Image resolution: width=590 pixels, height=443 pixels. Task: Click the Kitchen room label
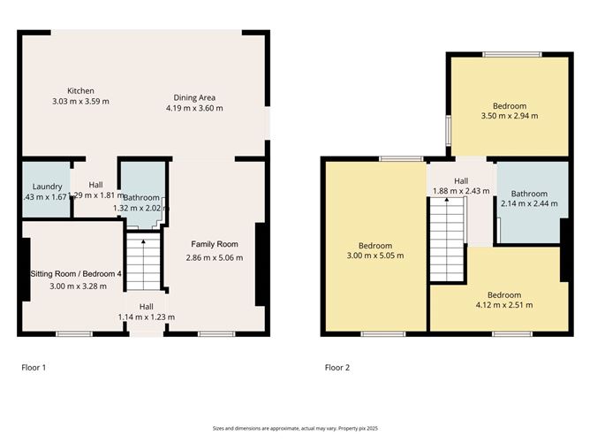click(80, 90)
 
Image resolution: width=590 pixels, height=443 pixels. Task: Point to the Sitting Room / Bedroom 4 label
click(76, 274)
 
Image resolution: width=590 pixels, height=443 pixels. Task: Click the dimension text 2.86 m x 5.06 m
click(215, 257)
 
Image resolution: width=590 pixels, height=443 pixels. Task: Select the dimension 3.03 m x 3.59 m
click(80, 101)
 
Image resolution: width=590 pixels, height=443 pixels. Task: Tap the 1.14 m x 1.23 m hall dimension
click(146, 317)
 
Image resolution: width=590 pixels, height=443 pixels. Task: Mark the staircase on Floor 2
click(446, 239)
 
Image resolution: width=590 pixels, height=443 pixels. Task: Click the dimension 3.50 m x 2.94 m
click(509, 115)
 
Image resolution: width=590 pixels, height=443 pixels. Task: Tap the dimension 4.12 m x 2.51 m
click(504, 305)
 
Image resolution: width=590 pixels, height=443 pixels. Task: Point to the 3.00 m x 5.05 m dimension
click(375, 256)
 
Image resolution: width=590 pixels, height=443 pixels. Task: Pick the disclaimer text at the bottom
click(295, 427)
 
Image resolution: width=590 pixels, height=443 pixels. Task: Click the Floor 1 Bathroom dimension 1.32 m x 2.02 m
click(142, 208)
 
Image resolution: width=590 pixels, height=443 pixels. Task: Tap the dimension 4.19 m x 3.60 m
click(194, 108)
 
